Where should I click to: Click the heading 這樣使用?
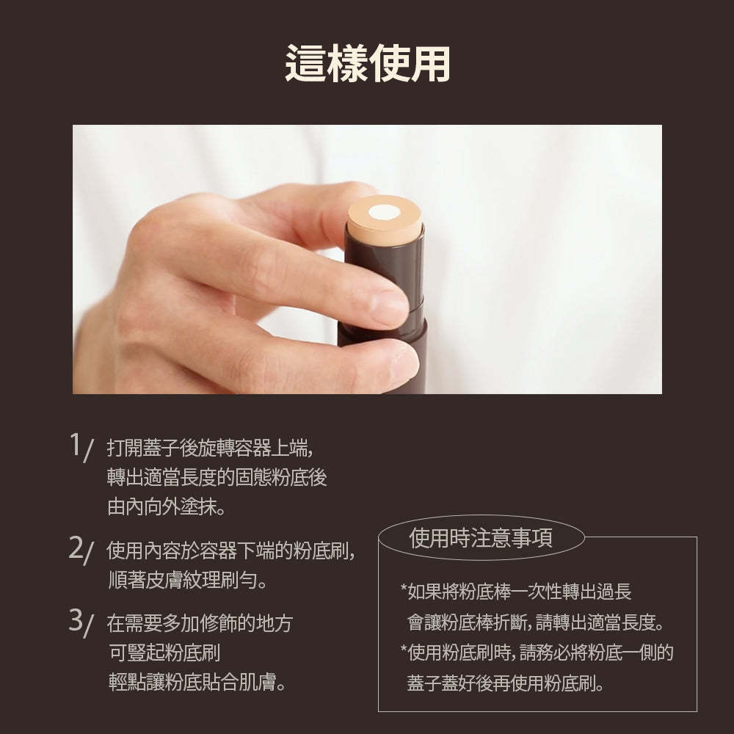[x=367, y=65]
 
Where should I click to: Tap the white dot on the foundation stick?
[x=382, y=213]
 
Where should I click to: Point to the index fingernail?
[x=389, y=308]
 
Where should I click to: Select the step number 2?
[x=76, y=548]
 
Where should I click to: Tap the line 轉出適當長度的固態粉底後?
[x=217, y=476]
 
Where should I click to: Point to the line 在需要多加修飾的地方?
[x=200, y=624]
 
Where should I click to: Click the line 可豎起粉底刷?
[x=164, y=653]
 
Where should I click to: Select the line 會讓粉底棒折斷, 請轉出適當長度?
[x=535, y=624]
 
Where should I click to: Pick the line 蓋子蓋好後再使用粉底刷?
[x=506, y=684]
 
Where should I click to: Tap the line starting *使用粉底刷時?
[x=537, y=653]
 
